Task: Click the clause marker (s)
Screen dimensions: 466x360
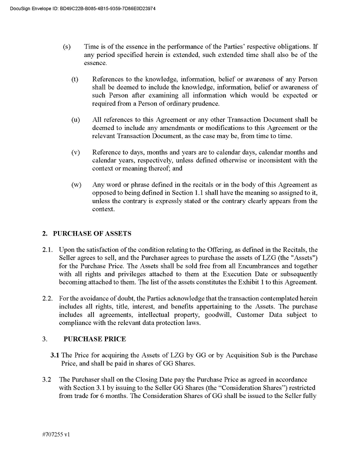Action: [x=66, y=47]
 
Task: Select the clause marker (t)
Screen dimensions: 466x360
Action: [x=75, y=79]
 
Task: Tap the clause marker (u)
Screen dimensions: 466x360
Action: [x=75, y=120]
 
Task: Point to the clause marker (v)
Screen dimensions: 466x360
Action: [x=75, y=152]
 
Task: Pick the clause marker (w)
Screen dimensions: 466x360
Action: [x=76, y=185]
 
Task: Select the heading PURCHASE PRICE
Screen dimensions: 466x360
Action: [x=94, y=339]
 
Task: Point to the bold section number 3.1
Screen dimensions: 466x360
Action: [x=54, y=355]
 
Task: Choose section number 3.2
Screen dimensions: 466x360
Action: [x=47, y=379]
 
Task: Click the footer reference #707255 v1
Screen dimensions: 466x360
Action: [x=56, y=434]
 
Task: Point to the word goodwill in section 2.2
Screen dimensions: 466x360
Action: [x=218, y=315]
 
